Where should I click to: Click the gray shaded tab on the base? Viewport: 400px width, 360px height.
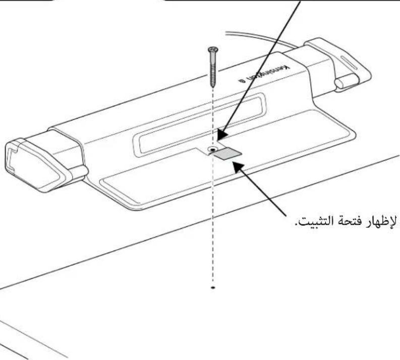pyautogui.click(x=227, y=153)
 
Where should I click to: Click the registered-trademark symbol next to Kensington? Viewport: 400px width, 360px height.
pyautogui.click(x=242, y=81)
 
